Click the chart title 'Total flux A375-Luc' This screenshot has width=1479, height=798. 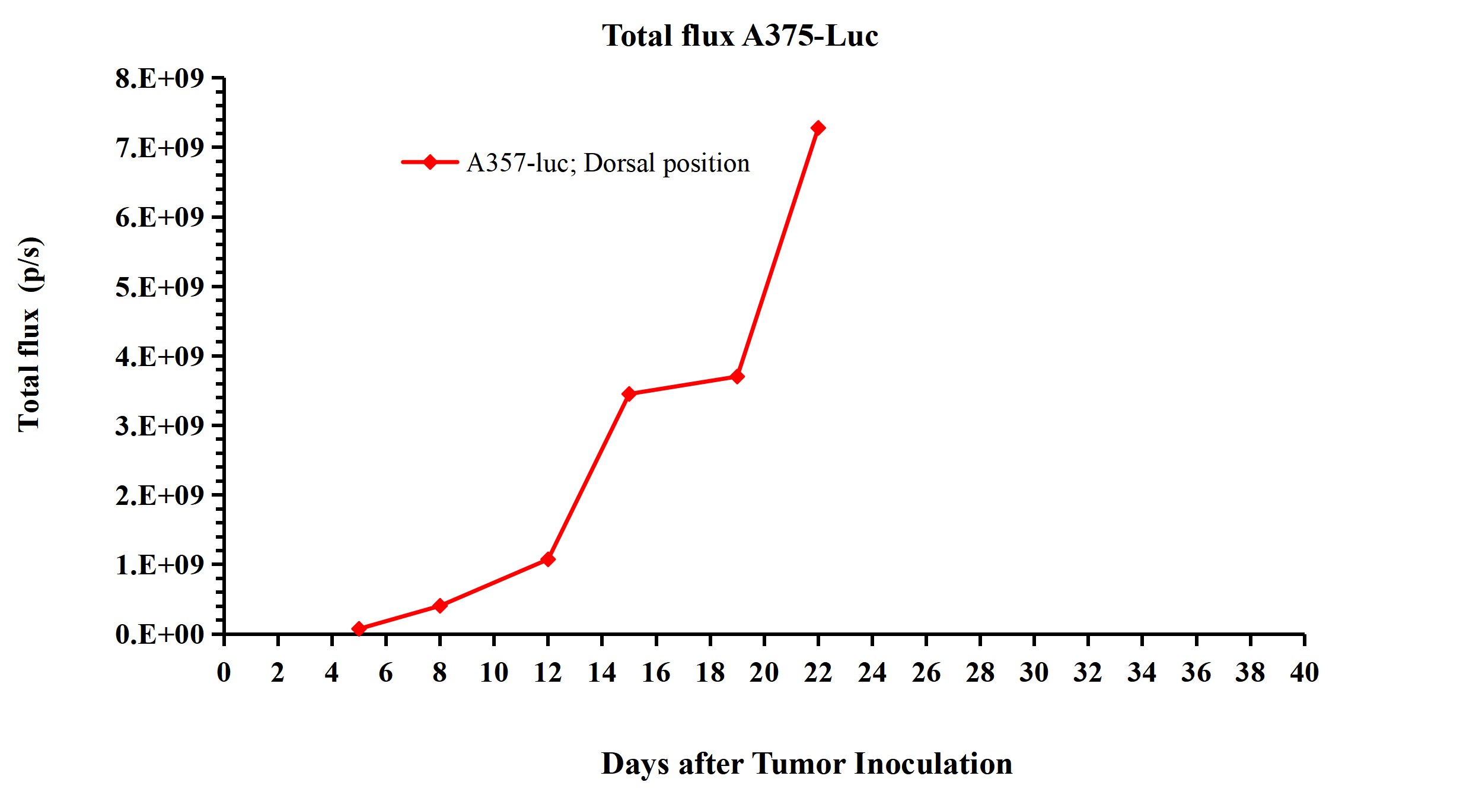(x=740, y=36)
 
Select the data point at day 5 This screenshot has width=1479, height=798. (x=359, y=628)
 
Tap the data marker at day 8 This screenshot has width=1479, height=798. (x=439, y=606)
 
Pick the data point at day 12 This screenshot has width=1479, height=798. (x=548, y=559)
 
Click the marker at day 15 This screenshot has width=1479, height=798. (x=629, y=394)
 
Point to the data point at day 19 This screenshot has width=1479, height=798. (x=737, y=376)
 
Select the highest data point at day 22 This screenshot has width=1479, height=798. (x=818, y=128)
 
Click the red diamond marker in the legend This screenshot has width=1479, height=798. (x=430, y=162)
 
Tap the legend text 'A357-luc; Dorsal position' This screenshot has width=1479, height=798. (x=608, y=163)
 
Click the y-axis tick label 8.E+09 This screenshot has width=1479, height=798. (x=160, y=78)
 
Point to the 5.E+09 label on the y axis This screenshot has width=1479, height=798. (x=160, y=287)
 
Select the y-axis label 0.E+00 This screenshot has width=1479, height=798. (x=160, y=634)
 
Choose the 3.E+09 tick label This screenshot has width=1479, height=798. (x=160, y=426)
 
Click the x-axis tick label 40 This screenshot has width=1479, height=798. (x=1304, y=673)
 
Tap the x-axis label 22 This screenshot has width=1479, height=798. (x=818, y=673)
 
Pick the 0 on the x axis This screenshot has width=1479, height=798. (x=224, y=673)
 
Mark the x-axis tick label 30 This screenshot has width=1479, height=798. (x=1034, y=673)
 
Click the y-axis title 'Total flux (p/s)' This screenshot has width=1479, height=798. (x=30, y=334)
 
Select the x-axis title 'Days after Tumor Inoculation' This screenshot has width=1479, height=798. (x=807, y=764)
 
